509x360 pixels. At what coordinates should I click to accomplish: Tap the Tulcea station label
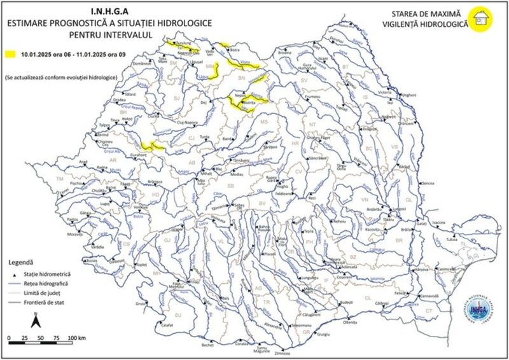[452, 240]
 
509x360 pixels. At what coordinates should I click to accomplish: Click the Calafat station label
[167, 324]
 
